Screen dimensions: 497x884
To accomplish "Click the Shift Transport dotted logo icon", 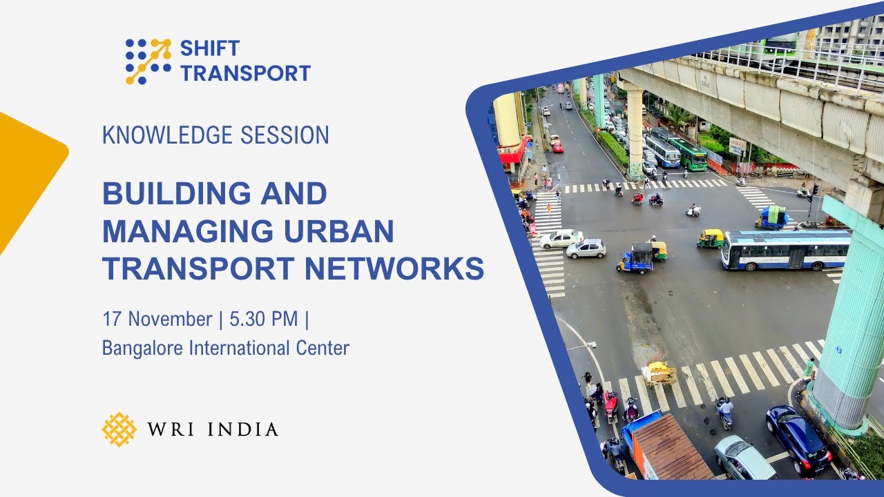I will coord(148,61).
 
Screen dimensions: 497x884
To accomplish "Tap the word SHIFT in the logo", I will coord(210,48).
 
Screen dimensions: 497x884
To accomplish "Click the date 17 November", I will coord(157,320).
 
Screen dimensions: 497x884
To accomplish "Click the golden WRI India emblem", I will coord(119,429).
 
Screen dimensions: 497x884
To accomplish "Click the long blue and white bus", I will coord(786,249).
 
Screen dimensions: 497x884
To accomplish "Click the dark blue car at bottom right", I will coord(798,439).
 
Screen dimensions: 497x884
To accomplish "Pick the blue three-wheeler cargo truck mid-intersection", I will coord(635,258).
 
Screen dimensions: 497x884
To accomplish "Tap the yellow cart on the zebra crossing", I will coord(659,373).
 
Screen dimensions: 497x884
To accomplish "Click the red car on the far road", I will coord(557,146).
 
